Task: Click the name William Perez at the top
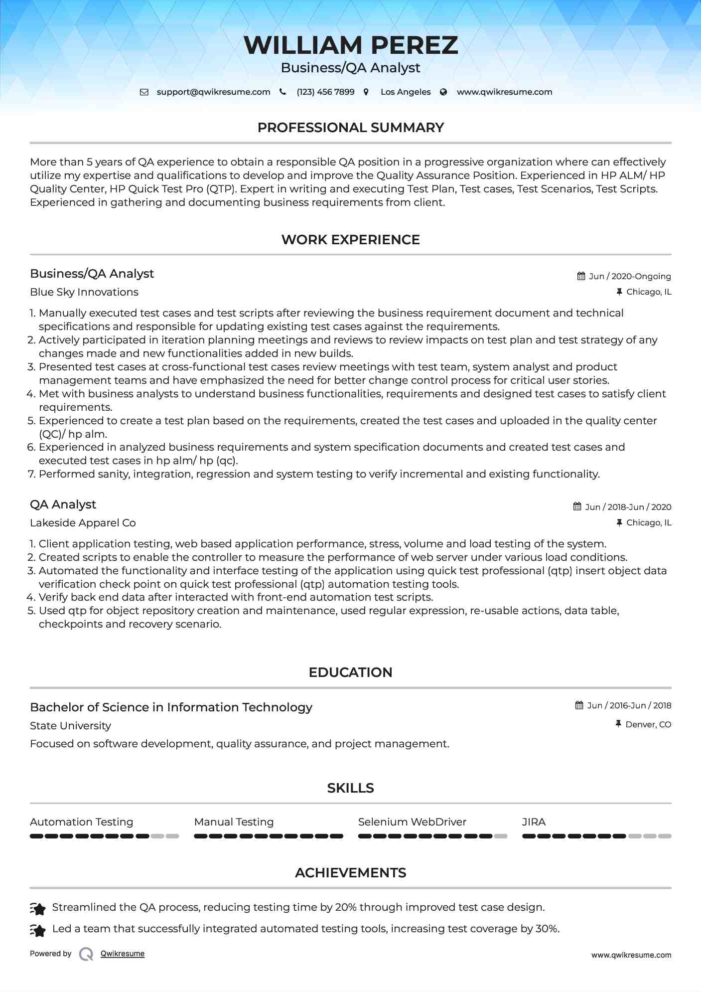pos(351,45)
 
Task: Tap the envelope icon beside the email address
pos(144,92)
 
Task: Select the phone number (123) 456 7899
pos(325,92)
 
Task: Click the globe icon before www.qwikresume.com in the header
pos(443,92)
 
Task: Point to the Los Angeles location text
pos(406,92)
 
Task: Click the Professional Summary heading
pos(351,128)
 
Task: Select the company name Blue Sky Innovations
pos(84,292)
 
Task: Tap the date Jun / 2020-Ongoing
pos(630,276)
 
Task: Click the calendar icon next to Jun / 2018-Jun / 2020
pos(577,506)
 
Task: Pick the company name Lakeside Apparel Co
pos(83,523)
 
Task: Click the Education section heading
pos(351,672)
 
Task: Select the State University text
pos(70,726)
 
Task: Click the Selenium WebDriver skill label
pos(412,822)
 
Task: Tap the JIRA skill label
pos(534,822)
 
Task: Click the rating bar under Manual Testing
pos(269,836)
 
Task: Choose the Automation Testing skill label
pos(82,822)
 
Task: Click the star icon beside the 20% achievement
pos(38,909)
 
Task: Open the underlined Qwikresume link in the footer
pos(123,954)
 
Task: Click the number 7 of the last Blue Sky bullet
pos(31,474)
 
